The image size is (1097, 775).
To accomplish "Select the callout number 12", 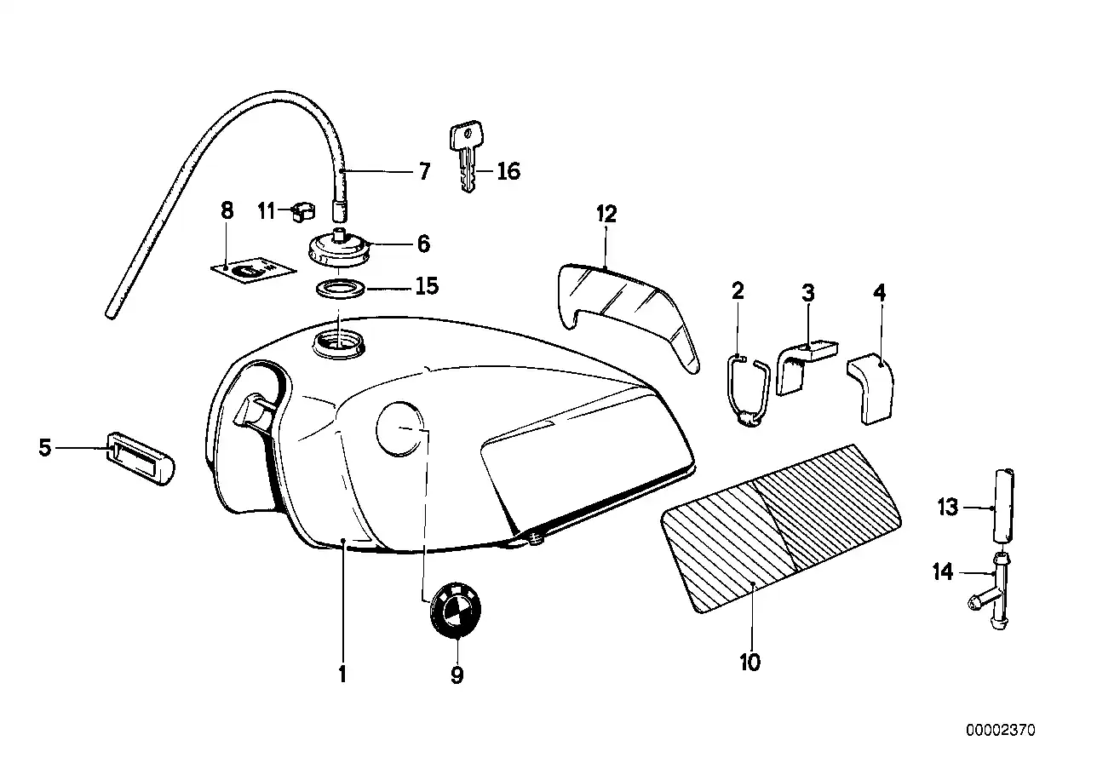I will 606,214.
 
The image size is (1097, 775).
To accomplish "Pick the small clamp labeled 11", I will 297,210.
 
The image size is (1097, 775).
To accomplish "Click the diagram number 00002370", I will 1000,730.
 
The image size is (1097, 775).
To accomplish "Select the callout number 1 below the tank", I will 342,675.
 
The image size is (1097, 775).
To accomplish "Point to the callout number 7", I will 423,171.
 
